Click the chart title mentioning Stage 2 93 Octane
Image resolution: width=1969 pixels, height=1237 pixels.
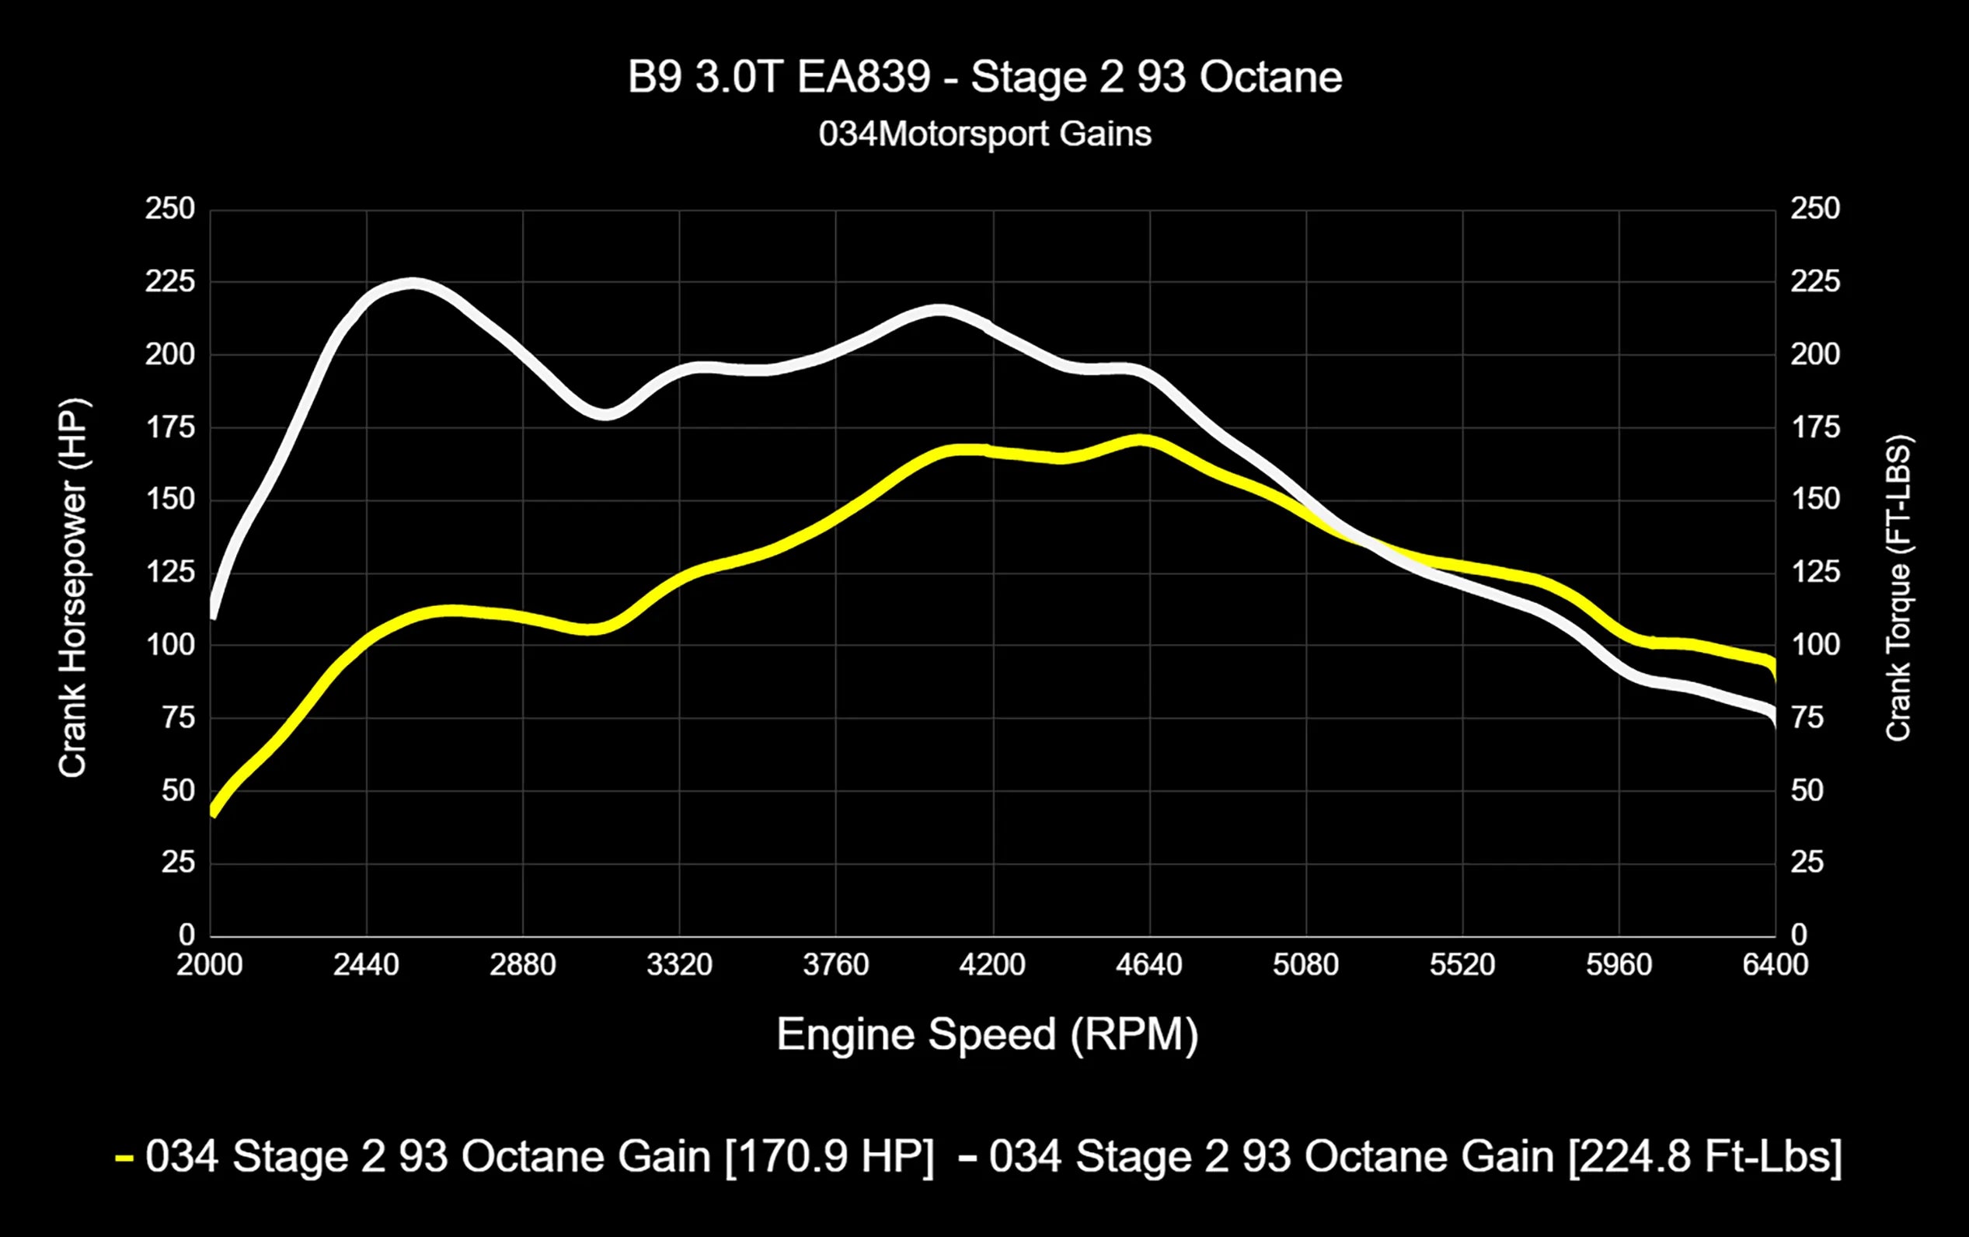click(984, 78)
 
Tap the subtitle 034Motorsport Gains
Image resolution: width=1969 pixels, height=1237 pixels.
click(984, 134)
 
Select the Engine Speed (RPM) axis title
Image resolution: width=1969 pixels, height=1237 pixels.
click(986, 1034)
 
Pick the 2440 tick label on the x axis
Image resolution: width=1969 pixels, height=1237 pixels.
click(365, 966)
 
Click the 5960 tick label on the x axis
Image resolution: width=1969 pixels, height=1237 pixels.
click(1619, 966)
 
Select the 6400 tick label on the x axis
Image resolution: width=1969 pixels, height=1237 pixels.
click(1775, 966)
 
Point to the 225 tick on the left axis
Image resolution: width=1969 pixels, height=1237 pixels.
click(170, 282)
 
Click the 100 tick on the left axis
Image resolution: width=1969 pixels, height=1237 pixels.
click(170, 645)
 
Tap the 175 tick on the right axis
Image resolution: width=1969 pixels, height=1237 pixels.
click(1814, 427)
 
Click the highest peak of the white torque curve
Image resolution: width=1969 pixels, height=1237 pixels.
click(413, 284)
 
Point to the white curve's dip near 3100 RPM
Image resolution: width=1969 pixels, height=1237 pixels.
click(605, 413)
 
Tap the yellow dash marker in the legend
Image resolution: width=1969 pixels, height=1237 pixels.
click(124, 1159)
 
